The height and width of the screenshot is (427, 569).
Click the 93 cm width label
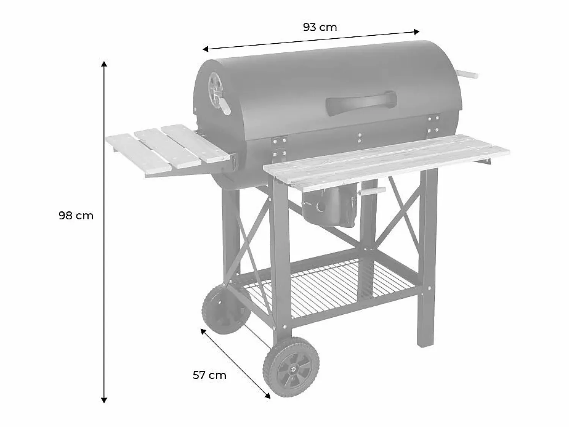click(x=320, y=27)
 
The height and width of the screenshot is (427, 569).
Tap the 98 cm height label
click(x=76, y=216)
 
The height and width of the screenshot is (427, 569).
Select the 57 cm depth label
click(x=209, y=375)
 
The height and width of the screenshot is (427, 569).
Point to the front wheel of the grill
click(x=291, y=367)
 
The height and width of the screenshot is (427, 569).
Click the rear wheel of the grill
click(x=226, y=309)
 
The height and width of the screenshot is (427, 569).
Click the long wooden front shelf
click(x=386, y=162)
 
